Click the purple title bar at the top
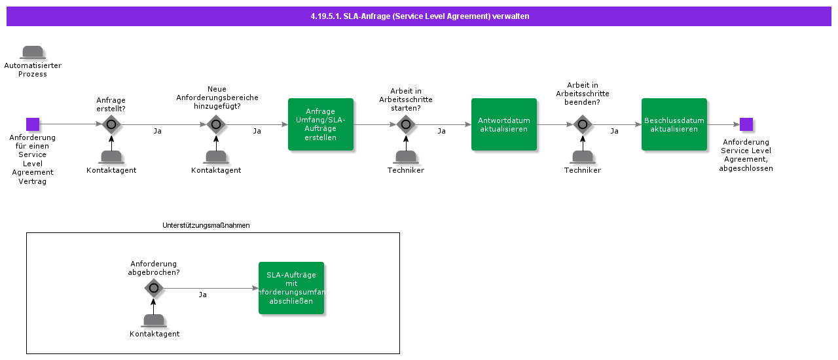coord(419,16)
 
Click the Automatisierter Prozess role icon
coord(33,52)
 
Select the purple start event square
coord(33,124)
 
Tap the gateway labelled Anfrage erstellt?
coord(111,124)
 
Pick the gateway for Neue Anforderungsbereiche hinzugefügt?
coord(216,124)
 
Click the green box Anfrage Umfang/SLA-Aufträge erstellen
coord(321,124)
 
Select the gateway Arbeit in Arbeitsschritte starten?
coord(406,124)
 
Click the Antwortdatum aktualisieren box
coord(504,124)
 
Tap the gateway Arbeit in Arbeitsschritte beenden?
coord(583,124)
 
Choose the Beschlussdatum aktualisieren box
coord(674,124)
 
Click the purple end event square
coord(746,124)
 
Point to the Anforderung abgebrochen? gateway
coord(154,288)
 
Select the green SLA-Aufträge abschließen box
coord(291,288)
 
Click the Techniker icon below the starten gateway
coord(406,157)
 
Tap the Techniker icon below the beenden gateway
coord(583,157)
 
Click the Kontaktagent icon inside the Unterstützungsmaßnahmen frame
coord(154,321)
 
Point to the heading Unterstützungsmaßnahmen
coord(206,225)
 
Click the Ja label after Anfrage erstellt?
coord(158,132)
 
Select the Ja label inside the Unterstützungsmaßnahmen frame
coord(203,295)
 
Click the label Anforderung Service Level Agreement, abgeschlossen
coord(746,155)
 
